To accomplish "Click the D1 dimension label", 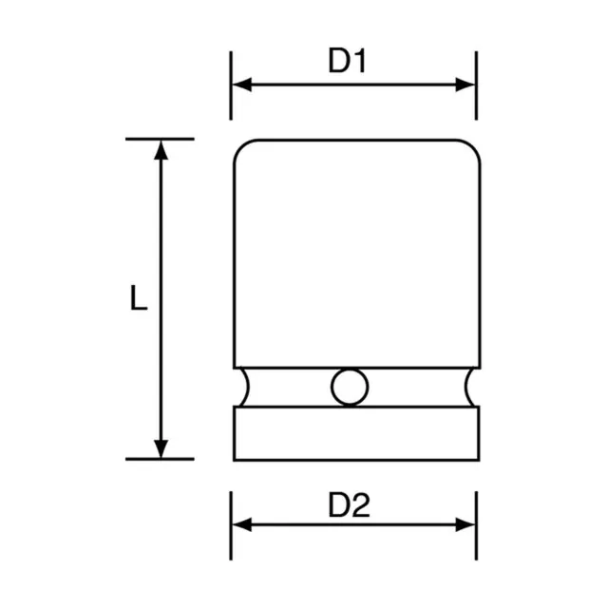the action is [x=347, y=61].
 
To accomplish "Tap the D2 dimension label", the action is [x=349, y=504].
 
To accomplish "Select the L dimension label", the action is [x=139, y=297].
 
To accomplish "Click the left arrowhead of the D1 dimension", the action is [x=241, y=85].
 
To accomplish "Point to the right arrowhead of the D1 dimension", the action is [x=465, y=85].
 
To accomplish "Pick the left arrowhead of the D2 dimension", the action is [x=241, y=524].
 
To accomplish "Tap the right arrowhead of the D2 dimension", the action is [x=465, y=524].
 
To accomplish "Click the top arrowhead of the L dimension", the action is [x=161, y=150].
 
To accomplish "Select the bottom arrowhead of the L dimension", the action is [x=161, y=448].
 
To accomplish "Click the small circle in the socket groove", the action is [x=350, y=387].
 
